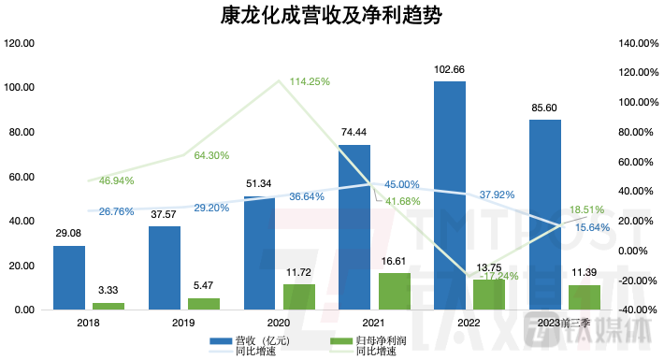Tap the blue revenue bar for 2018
click(68, 278)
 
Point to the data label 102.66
click(450, 70)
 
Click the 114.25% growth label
click(311, 81)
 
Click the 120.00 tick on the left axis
click(20, 43)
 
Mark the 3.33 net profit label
click(108, 293)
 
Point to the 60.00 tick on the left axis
click(20, 177)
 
